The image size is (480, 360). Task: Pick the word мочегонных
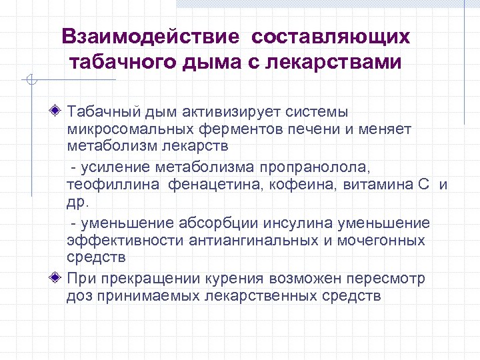click(383, 240)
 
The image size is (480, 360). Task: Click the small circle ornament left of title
click(29, 81)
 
